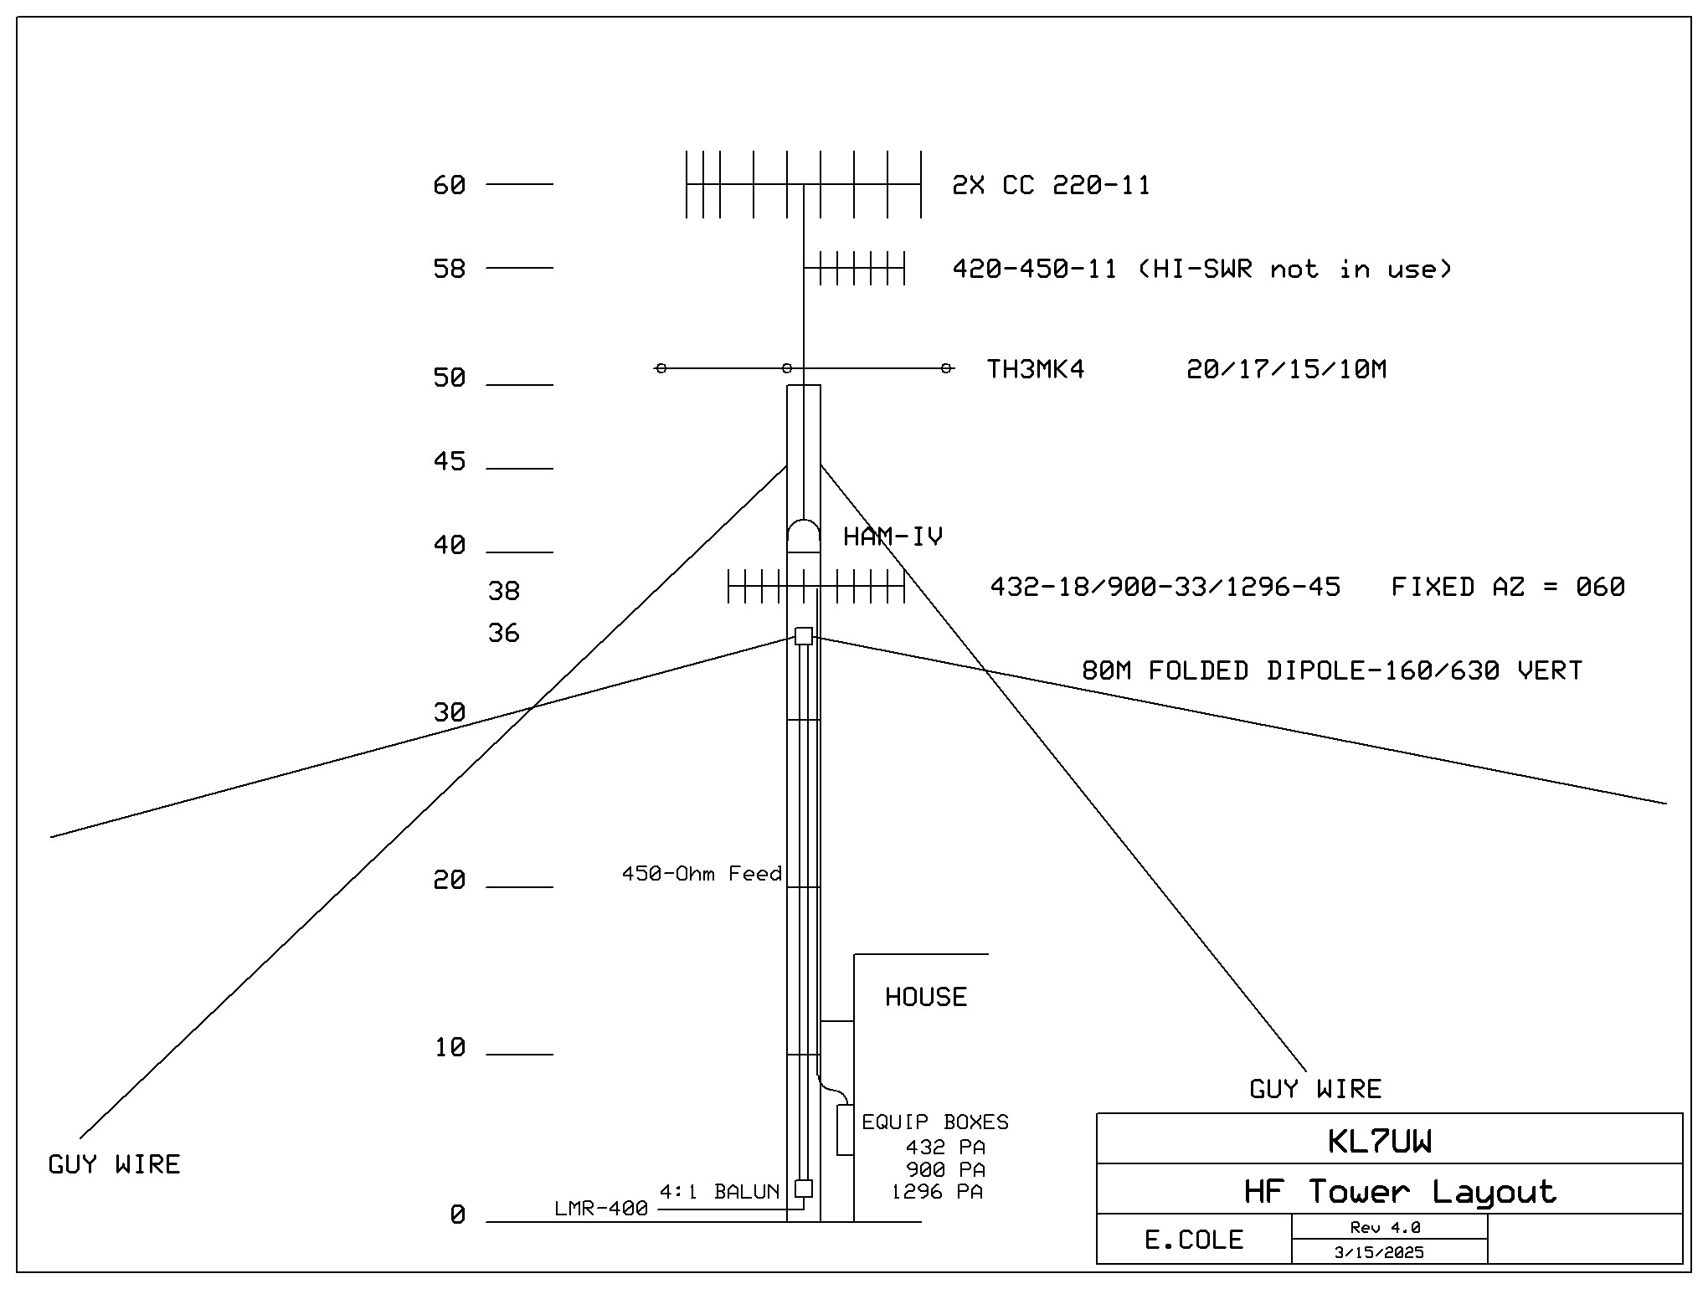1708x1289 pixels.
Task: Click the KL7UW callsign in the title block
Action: tap(1379, 1142)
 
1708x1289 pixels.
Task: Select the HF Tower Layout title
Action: tap(1400, 1191)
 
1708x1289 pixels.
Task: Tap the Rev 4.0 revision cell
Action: tap(1385, 1228)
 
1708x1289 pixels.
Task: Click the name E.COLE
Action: tap(1193, 1240)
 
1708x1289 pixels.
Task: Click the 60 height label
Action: tap(449, 185)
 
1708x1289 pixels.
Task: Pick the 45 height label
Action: tap(449, 461)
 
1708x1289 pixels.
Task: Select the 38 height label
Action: tap(504, 591)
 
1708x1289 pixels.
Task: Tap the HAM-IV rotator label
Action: tap(893, 537)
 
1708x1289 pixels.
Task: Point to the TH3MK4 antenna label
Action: tap(1036, 369)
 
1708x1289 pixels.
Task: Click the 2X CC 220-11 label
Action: tap(1051, 185)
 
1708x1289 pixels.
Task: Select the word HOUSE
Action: tap(926, 997)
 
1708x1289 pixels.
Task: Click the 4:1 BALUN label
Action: tap(719, 1192)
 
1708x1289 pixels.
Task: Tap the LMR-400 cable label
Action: tap(601, 1209)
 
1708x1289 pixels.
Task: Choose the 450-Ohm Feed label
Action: tap(702, 874)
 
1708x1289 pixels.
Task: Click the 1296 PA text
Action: tap(937, 1192)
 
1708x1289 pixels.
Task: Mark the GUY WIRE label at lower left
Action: tap(114, 1164)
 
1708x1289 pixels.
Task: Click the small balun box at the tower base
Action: tap(803, 1188)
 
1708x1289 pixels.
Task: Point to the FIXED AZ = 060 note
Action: tap(1508, 587)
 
